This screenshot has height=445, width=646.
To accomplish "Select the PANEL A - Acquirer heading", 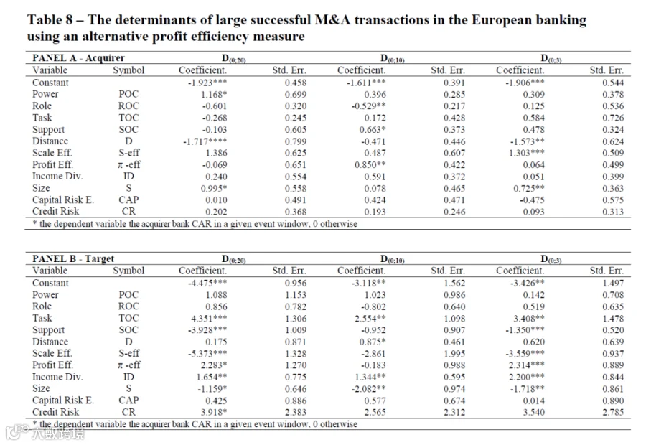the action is point(78,57).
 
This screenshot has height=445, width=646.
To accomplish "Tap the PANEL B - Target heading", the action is point(73,258).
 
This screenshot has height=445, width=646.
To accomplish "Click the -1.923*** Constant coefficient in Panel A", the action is point(207,83).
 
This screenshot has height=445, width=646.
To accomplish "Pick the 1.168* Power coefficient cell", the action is point(214,94).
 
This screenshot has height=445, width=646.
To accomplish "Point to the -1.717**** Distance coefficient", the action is point(205,141).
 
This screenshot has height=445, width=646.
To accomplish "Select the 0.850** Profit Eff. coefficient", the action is point(370,165).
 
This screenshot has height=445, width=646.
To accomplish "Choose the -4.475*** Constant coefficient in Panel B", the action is point(207,283).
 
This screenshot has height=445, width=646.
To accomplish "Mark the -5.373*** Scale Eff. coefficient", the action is point(207,354).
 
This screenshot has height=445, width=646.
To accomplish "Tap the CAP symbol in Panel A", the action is point(128,200).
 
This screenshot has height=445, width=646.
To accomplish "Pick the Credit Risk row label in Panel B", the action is point(55,412).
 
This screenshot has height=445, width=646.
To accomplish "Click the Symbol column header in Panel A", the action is point(128,70).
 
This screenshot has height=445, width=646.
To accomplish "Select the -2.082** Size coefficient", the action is point(368,388).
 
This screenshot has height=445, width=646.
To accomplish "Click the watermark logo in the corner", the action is point(45,433).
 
